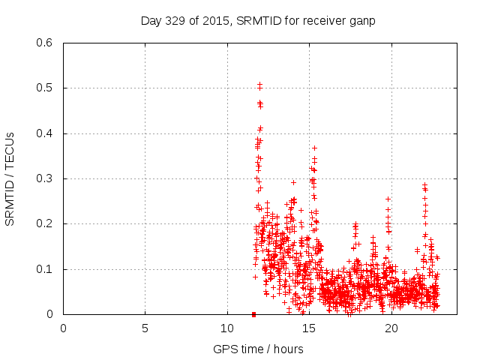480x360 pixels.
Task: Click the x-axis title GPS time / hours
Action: point(258,349)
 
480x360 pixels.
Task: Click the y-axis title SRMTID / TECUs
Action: point(10,178)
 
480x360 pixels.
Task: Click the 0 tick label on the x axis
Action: point(63,328)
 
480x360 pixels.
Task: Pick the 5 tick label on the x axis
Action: point(145,328)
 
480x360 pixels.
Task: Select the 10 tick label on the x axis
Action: point(227,328)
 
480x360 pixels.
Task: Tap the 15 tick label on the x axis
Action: point(309,328)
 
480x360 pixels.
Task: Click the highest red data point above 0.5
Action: point(259,84)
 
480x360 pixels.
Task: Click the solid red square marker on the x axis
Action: point(253,314)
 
